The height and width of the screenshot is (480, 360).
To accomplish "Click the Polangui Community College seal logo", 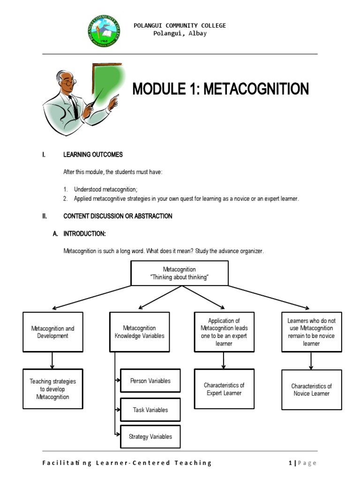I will pyautogui.click(x=104, y=31).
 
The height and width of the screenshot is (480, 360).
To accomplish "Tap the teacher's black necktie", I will pyautogui.click(x=74, y=107).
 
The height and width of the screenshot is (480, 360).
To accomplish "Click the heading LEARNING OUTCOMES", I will pyautogui.click(x=93, y=155).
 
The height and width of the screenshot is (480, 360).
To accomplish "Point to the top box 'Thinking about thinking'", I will pyautogui.click(x=180, y=273).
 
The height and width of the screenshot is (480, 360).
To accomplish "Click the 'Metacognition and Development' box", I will pyautogui.click(x=52, y=332).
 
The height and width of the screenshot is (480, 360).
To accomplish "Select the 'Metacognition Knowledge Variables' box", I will pyautogui.click(x=139, y=332).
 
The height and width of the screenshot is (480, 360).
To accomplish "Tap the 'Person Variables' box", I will pyautogui.click(x=150, y=381).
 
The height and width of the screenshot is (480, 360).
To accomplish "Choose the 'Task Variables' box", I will pyautogui.click(x=150, y=410).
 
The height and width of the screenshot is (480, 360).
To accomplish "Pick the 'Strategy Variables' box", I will pyautogui.click(x=150, y=436).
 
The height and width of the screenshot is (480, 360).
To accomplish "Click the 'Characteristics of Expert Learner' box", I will pyautogui.click(x=224, y=389).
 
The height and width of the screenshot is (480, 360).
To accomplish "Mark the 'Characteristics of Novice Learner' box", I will pyautogui.click(x=311, y=390).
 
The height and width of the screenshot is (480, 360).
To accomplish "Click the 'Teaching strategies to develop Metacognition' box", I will pyautogui.click(x=52, y=389).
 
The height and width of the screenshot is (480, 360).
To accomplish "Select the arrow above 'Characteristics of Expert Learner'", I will pyautogui.click(x=224, y=360).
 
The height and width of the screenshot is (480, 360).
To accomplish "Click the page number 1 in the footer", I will pyautogui.click(x=291, y=463).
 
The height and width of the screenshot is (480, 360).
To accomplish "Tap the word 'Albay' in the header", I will pyautogui.click(x=197, y=34).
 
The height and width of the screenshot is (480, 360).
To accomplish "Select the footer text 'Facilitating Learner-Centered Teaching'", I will pyautogui.click(x=127, y=463).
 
